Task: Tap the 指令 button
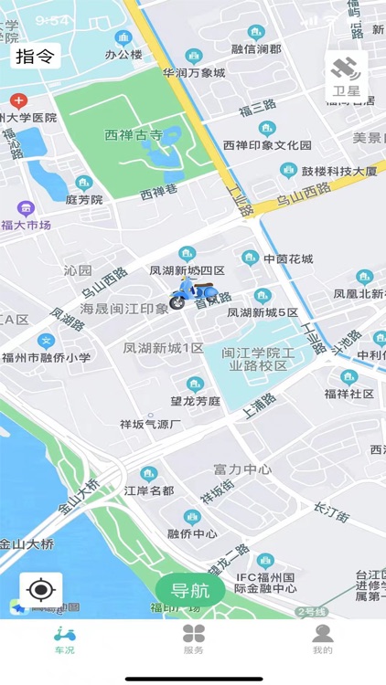point(36,57)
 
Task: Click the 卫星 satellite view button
point(347,76)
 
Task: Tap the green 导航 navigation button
point(190,591)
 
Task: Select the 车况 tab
point(65,639)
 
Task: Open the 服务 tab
point(193,639)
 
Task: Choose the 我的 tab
point(322,639)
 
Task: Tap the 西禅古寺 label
point(134,135)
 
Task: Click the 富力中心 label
point(242,469)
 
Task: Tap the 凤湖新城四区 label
point(188,270)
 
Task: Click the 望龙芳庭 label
point(195,400)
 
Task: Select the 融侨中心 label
point(193,533)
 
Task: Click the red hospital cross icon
point(18,100)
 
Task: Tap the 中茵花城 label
point(288,258)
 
